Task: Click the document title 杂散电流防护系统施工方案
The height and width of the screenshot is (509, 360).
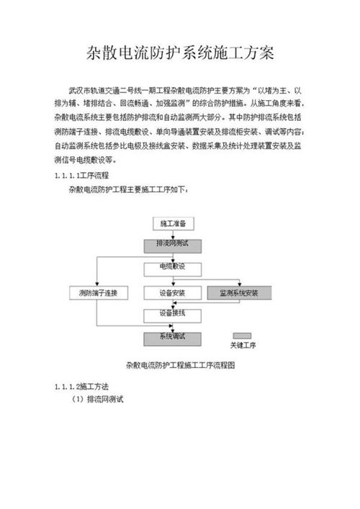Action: [180, 54]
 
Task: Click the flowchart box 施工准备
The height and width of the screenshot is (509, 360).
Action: [172, 224]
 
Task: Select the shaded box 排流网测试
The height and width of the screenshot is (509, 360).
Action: [172, 245]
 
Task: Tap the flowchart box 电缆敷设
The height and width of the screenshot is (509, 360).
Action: [172, 267]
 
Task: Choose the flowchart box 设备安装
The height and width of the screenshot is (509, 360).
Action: [172, 293]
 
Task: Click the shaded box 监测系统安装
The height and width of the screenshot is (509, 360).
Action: [238, 293]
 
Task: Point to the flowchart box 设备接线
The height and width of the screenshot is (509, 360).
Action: [172, 314]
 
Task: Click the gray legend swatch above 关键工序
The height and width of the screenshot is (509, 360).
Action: [242, 335]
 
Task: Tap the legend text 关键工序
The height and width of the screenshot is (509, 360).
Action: [243, 346]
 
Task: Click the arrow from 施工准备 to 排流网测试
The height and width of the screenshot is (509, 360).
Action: [172, 234]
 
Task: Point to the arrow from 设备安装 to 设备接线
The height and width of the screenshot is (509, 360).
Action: [172, 303]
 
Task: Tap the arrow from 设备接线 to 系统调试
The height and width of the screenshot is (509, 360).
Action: [172, 325]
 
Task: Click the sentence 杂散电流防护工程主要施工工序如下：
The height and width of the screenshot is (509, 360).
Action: [127, 190]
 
